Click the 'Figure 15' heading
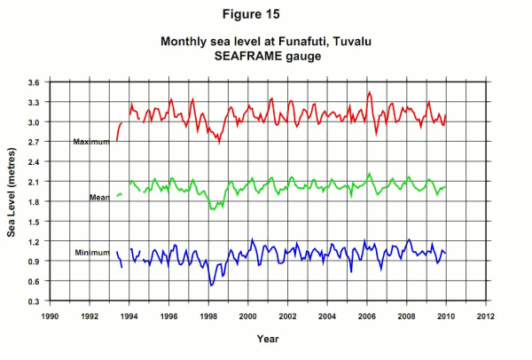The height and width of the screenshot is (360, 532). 265,15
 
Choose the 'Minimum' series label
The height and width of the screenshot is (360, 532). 91,254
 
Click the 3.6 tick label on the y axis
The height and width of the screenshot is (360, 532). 31,82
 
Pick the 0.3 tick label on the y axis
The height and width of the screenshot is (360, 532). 31,301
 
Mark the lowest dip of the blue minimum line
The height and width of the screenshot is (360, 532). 211,285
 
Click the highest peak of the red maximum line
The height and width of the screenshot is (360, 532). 369,91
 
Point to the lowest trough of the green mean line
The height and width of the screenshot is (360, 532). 212,209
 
